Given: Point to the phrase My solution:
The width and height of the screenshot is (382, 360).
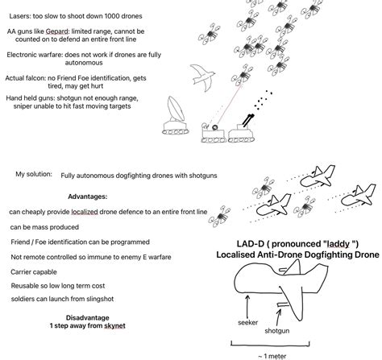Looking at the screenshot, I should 31,174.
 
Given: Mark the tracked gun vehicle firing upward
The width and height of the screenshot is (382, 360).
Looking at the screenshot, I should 240,124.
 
